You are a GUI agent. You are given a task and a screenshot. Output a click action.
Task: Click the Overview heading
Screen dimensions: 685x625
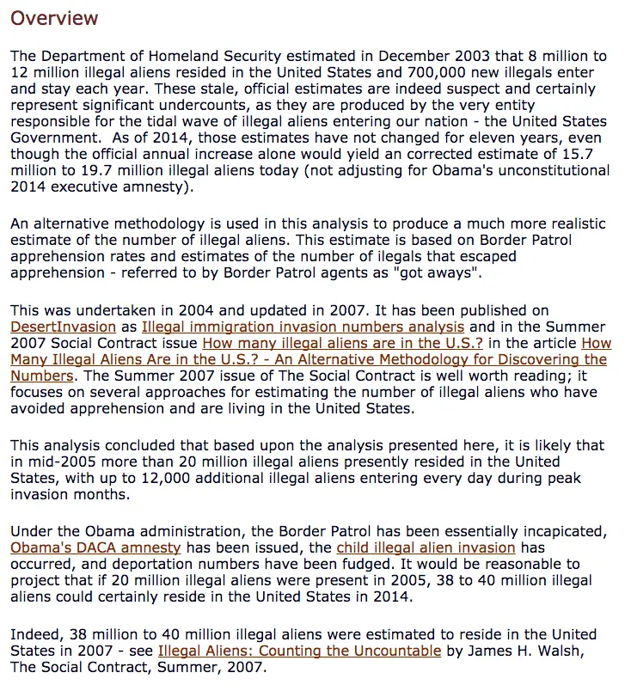pos(54,18)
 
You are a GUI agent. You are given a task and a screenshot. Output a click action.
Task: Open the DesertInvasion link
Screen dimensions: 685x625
pos(63,327)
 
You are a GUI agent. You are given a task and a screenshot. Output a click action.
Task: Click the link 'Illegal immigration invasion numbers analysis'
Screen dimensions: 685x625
pos(303,327)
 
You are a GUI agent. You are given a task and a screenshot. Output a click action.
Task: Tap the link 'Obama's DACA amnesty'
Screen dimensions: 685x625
pos(95,547)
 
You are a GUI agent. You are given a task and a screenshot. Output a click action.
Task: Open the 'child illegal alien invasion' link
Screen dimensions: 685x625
pos(426,547)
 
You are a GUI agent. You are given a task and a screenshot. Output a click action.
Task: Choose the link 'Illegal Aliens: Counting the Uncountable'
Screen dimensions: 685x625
pos(299,651)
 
